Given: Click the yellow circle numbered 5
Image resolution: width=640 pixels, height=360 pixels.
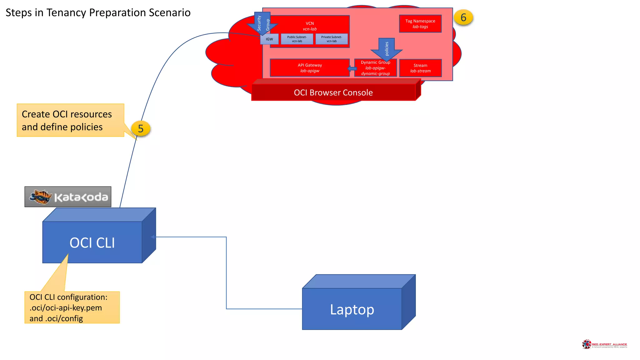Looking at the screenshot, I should (141, 128).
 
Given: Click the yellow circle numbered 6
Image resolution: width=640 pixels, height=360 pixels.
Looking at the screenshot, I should (463, 17).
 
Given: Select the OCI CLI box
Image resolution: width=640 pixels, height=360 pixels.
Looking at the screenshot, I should (92, 242).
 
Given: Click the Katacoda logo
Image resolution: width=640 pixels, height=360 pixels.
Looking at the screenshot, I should (68, 197).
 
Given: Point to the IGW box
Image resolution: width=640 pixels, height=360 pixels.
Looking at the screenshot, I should (269, 39).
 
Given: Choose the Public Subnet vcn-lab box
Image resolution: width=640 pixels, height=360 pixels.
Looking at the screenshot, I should (297, 39).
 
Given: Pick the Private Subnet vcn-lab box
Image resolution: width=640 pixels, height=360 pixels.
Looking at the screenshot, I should (332, 39).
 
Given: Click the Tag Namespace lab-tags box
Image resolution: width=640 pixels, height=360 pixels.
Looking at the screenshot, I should (420, 24).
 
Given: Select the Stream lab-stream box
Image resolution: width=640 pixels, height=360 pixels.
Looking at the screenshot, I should (420, 68).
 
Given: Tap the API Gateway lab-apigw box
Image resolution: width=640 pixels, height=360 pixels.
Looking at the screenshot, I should (309, 68).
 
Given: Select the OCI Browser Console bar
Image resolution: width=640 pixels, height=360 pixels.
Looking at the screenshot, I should (333, 92).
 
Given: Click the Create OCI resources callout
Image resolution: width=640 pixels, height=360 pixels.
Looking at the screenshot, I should (70, 120).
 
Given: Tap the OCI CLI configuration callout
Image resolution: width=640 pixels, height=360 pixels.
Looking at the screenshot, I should (72, 307).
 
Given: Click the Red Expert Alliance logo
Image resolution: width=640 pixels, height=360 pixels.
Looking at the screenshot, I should (604, 344).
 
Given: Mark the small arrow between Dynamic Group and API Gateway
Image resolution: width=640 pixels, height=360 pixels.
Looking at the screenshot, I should (352, 69).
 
